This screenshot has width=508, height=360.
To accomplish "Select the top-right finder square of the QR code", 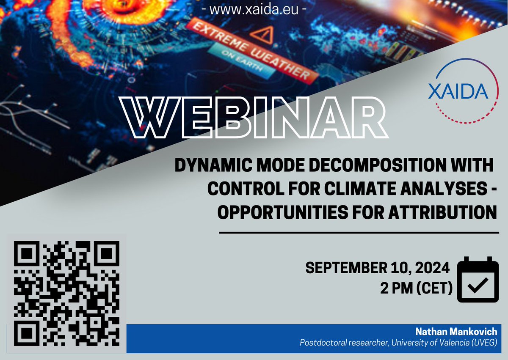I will [x=104, y=254].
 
